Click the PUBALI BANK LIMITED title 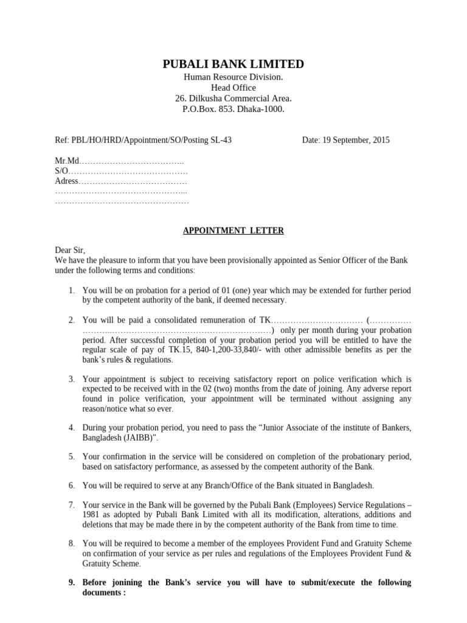point(233,64)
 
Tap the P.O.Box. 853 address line point(233,110)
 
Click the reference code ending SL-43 point(143,140)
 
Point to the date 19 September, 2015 point(346,140)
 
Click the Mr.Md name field point(119,161)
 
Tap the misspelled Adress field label point(67,181)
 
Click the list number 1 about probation point(71,290)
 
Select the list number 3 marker point(71,379)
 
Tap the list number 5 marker point(71,456)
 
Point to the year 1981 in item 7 point(92,515)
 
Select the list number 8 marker point(71,543)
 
